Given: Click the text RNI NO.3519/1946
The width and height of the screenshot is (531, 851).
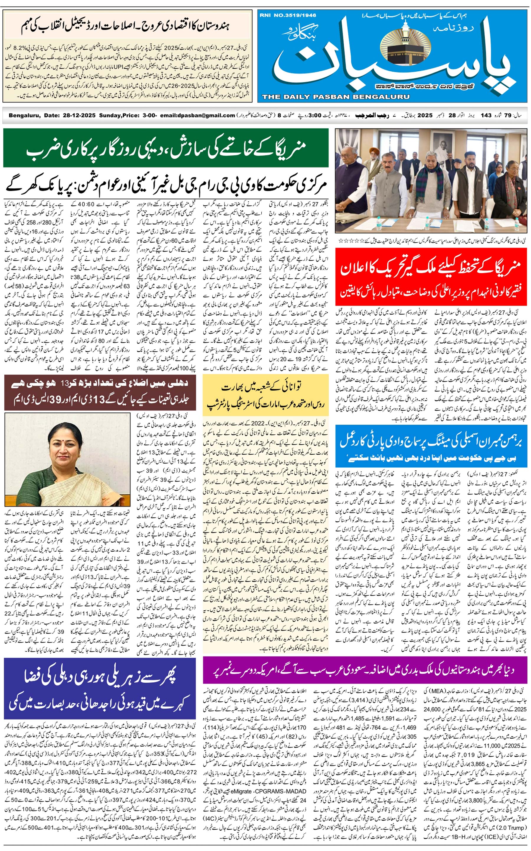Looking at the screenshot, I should click(288, 15).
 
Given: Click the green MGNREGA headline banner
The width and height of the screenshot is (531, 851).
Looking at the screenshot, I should click(166, 148).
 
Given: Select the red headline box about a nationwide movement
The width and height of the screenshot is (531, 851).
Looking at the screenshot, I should click(431, 277).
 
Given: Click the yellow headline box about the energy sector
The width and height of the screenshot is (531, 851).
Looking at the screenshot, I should click(265, 395).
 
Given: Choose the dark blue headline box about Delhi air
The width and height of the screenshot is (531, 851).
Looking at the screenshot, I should click(100, 688).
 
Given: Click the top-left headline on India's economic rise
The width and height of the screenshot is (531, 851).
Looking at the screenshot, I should click(127, 26).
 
